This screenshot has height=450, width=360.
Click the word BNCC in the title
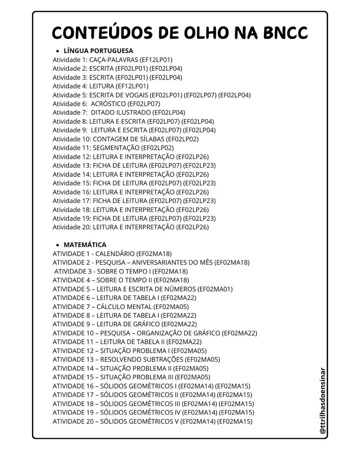pos(285,33)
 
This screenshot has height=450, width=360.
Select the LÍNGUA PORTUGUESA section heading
pos(98,51)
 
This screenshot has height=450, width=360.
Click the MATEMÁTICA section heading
pos(85,245)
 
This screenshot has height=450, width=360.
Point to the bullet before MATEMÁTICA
pos(58,245)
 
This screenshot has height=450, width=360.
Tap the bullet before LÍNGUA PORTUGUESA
pos(58,51)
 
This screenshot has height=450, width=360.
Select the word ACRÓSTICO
pos(108,104)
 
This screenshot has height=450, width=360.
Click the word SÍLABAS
pos(150,139)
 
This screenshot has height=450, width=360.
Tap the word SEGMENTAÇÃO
pos(116,148)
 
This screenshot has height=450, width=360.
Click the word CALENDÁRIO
pos(115,253)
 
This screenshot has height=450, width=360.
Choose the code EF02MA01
pos(215,289)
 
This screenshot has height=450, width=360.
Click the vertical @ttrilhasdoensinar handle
pos(323,401)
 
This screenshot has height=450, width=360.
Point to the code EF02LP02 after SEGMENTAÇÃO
pos(157,148)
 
